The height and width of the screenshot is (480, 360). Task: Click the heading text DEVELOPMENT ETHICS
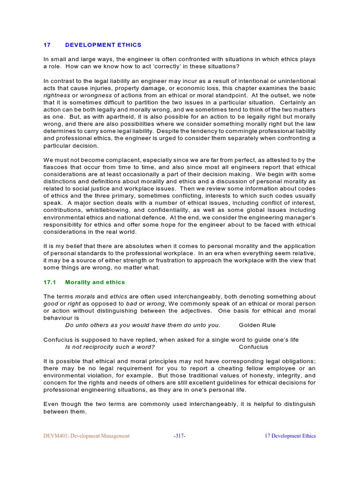point(103,45)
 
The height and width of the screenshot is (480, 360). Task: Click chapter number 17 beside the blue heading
point(47,45)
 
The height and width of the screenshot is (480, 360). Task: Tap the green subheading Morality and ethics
point(95,282)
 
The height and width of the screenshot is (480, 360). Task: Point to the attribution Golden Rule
point(257,325)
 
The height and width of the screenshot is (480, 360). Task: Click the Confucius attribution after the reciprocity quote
point(254,347)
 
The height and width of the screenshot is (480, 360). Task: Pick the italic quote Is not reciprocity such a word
point(110,347)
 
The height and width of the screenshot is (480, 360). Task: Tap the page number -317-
point(180,436)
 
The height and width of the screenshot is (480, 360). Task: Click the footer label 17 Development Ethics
point(290,436)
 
